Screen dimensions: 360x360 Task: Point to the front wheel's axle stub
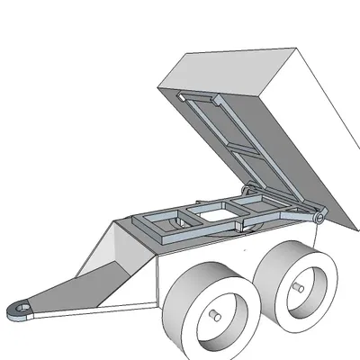coord(217,316)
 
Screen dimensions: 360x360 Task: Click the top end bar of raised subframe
coord(202,98)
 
